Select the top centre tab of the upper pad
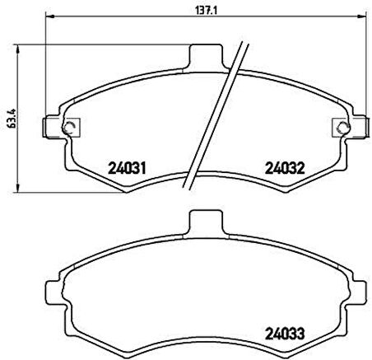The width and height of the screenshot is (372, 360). point(207,54)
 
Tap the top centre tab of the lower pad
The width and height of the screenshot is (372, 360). point(207,222)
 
